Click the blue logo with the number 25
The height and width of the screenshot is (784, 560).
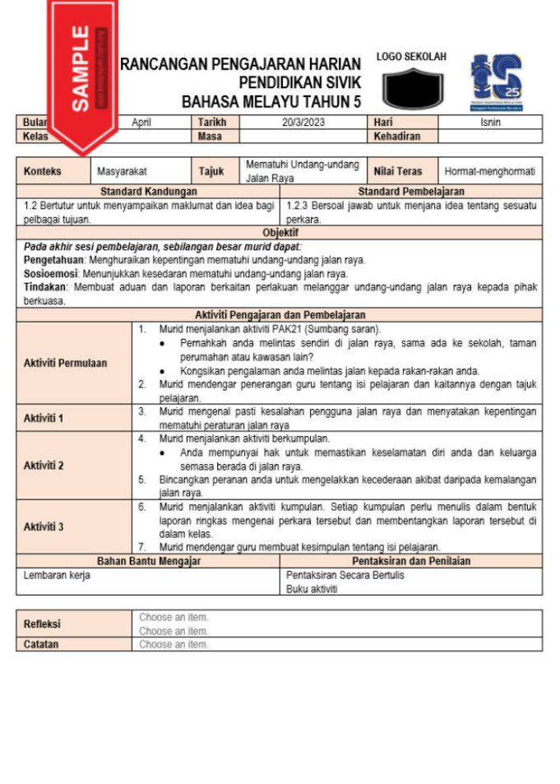click(497, 82)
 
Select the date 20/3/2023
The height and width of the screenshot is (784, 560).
click(297, 122)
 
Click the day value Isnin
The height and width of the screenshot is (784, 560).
click(490, 122)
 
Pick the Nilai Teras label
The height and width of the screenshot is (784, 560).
click(398, 171)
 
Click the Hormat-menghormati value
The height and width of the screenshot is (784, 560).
click(489, 171)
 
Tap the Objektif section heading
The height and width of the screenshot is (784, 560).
click(280, 233)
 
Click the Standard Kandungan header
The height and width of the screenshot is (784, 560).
click(148, 192)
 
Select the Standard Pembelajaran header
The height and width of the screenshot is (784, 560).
click(411, 192)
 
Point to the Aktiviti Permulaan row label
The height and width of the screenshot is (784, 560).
click(66, 363)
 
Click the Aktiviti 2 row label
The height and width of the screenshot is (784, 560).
click(44, 465)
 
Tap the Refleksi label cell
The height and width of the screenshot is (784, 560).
click(42, 624)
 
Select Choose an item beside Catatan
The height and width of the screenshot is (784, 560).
click(174, 645)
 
